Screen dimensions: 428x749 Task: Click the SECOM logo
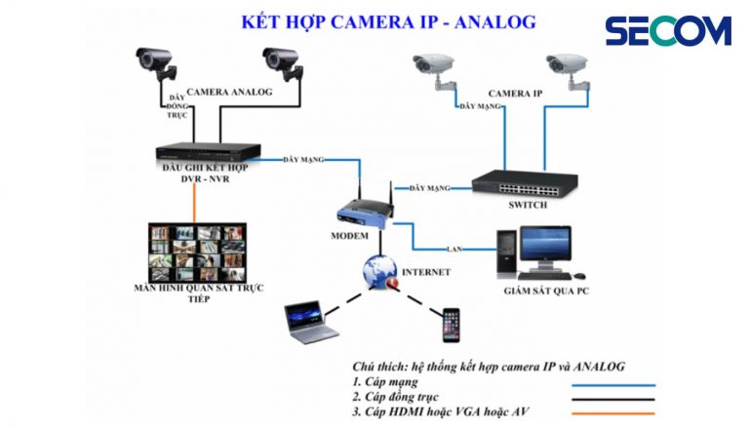pyautogui.click(x=668, y=30)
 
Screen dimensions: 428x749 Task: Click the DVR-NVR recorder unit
pyautogui.click(x=209, y=153)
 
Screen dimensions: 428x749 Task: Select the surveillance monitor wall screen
pyautogui.click(x=195, y=252)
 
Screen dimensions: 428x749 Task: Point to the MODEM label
pyautogui.click(x=348, y=236)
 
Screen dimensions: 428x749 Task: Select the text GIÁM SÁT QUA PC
pyautogui.click(x=546, y=291)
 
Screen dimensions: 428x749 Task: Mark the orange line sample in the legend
pyautogui.click(x=613, y=415)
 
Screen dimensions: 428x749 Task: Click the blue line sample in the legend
pyautogui.click(x=613, y=383)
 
